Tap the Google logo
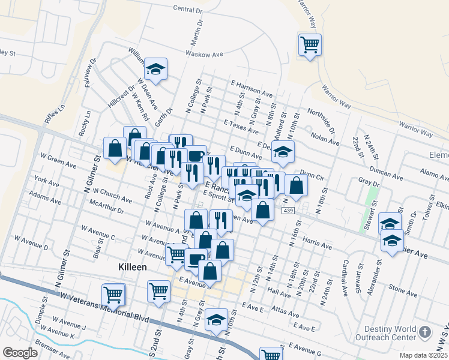(x=20, y=353)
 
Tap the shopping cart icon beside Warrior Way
(x=310, y=44)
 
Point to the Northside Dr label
(x=321, y=118)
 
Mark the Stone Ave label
(x=403, y=287)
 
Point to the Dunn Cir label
(x=312, y=178)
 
